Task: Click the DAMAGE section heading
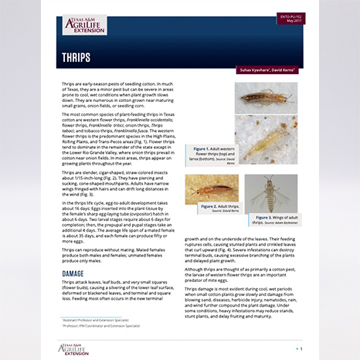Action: click(x=73, y=273)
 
